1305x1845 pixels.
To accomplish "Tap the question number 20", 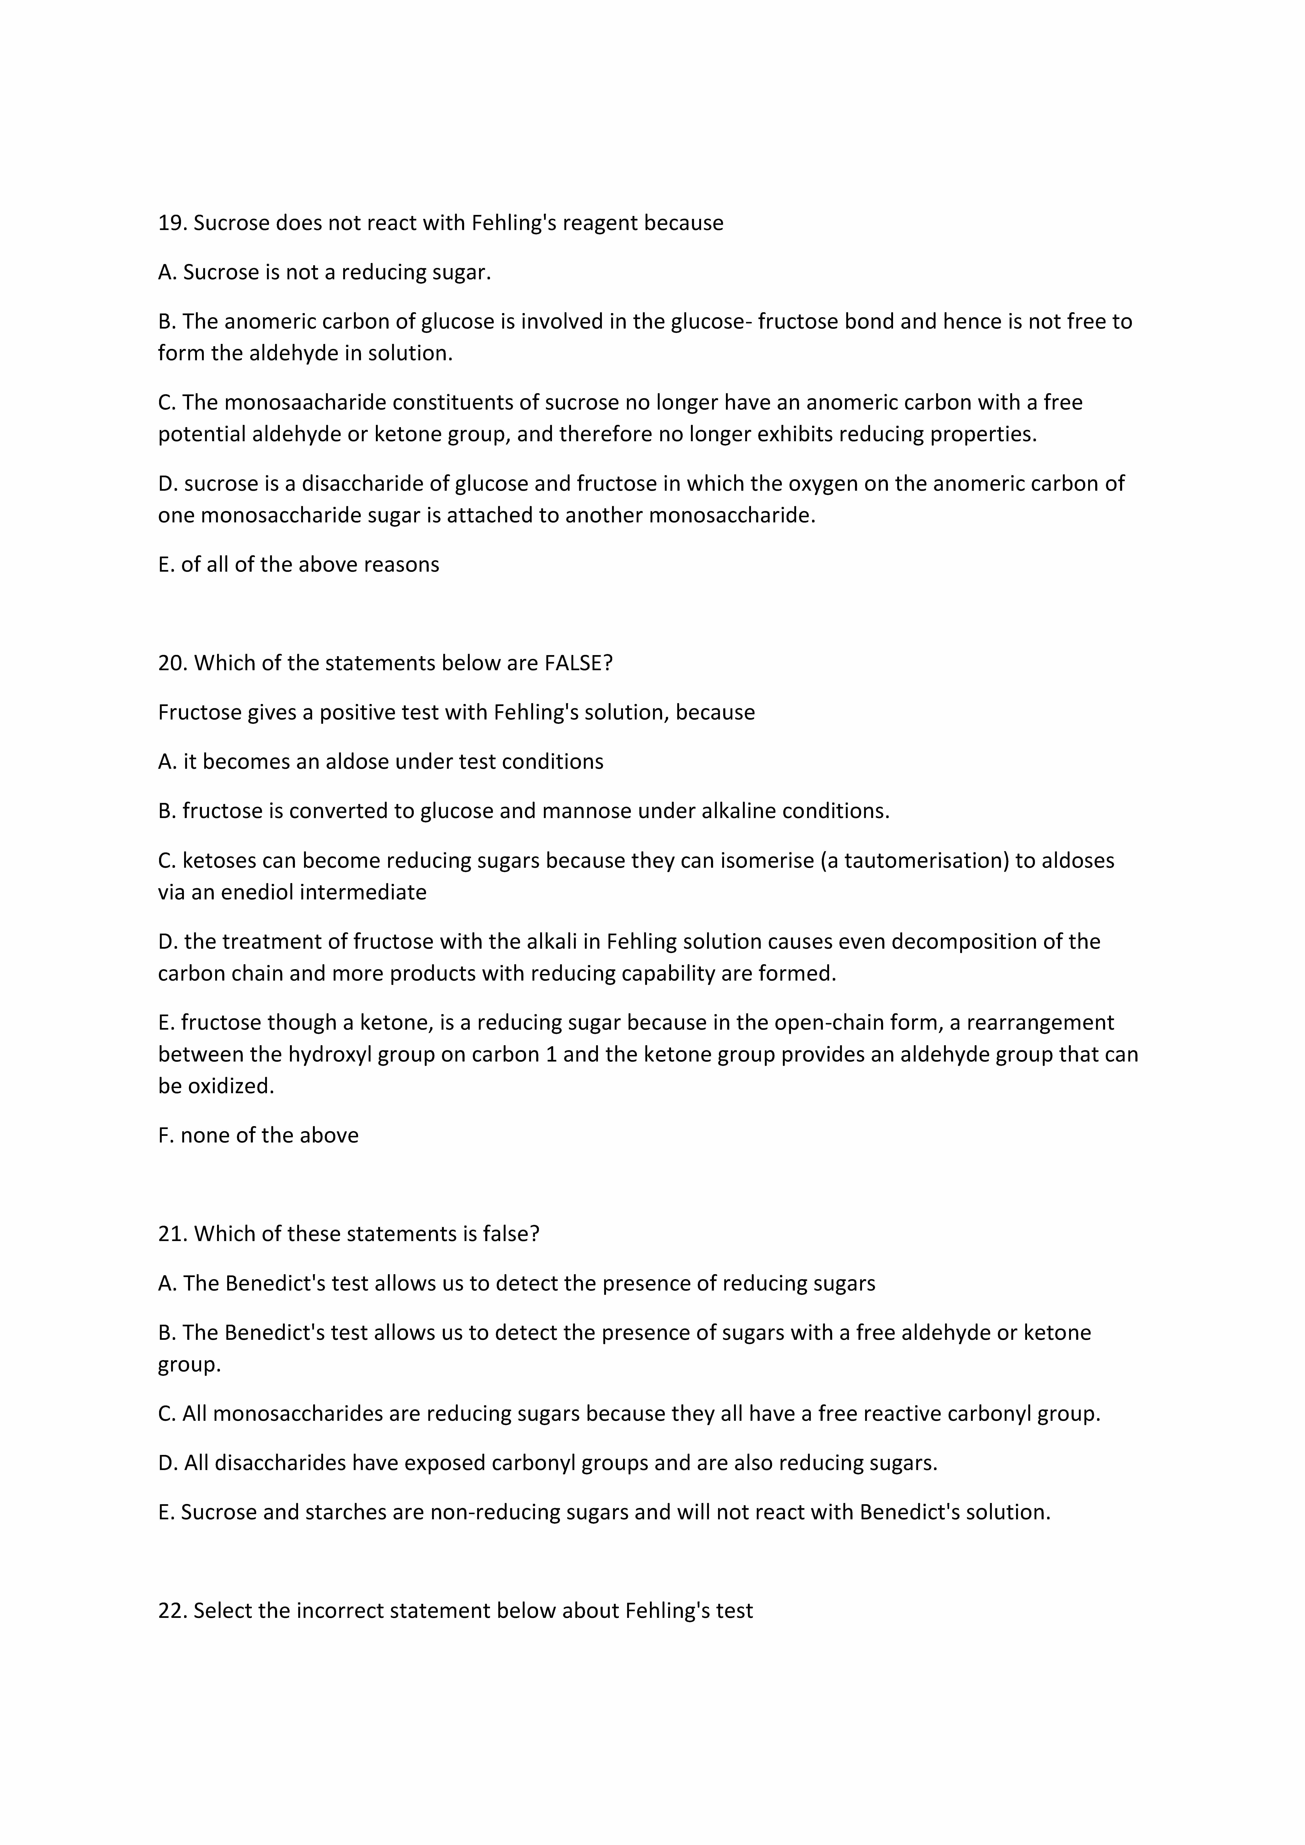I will (x=172, y=664).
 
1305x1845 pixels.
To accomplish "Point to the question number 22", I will (x=172, y=1611).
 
